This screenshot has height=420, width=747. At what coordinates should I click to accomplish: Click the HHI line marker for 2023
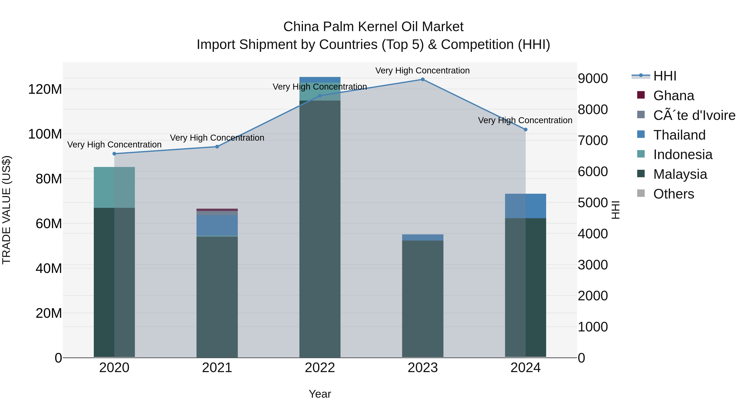point(422,79)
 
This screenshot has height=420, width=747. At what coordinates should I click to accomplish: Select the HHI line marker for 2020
point(114,154)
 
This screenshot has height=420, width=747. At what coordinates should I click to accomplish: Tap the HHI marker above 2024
point(525,130)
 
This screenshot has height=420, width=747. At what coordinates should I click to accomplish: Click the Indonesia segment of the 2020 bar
point(114,187)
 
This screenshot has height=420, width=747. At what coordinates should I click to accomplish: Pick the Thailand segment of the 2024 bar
point(525,206)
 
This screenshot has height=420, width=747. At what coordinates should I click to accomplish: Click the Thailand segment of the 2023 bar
point(422,237)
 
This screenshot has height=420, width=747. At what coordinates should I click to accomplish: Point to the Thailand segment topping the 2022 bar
point(320,80)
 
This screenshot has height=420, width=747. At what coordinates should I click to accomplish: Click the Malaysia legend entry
point(680,174)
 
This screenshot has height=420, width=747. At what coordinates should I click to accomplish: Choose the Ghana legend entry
point(673,96)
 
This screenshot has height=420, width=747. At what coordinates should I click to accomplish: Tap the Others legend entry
point(673,194)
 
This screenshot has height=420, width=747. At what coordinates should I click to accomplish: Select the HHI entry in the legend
point(665,76)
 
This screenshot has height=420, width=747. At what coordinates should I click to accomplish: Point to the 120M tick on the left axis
point(45,89)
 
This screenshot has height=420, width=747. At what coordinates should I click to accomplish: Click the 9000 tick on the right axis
point(593,79)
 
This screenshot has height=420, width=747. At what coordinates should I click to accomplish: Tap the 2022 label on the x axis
point(320,368)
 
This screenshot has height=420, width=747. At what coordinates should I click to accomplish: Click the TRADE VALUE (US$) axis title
point(6,210)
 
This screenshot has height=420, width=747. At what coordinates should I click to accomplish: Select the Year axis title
point(320,394)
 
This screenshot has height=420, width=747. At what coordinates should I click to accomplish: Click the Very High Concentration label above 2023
point(422,71)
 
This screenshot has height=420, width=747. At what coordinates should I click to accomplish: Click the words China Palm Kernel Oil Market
point(373,27)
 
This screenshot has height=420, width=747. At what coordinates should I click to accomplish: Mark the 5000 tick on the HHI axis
point(593,203)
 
